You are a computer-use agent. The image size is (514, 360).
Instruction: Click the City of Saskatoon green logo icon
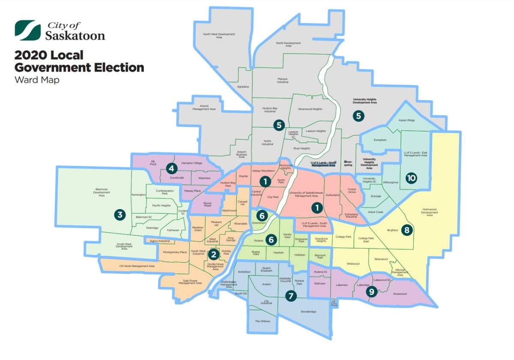(28, 30)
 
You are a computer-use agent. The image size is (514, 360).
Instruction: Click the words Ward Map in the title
(36, 80)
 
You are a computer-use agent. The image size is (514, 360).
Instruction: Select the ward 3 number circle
(120, 215)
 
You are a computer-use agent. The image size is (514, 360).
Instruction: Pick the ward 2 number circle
(213, 255)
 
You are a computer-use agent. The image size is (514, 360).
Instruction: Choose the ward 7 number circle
(291, 295)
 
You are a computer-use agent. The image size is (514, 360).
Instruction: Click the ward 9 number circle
(372, 292)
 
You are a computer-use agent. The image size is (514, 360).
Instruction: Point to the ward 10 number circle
(411, 178)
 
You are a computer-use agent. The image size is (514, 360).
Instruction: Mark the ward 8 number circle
(406, 230)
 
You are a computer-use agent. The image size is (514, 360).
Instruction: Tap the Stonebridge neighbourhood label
(308, 312)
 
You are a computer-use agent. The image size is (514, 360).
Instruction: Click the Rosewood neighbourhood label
(400, 294)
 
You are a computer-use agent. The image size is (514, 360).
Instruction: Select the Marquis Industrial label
(282, 80)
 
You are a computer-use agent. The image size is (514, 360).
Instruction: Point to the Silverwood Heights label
(310, 109)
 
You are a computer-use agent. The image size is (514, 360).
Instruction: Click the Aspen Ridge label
(407, 121)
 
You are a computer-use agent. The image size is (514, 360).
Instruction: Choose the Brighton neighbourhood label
(392, 230)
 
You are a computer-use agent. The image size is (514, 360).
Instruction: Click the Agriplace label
(243, 87)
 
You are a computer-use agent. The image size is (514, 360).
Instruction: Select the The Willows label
(263, 321)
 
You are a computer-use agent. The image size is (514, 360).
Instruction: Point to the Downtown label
(259, 223)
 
